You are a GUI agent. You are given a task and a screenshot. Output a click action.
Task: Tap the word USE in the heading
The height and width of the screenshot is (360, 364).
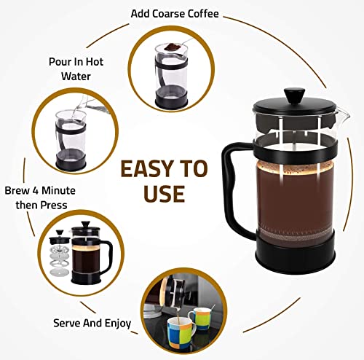[163, 194]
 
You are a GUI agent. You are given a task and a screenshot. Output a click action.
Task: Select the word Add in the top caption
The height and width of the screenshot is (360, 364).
[142, 13]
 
